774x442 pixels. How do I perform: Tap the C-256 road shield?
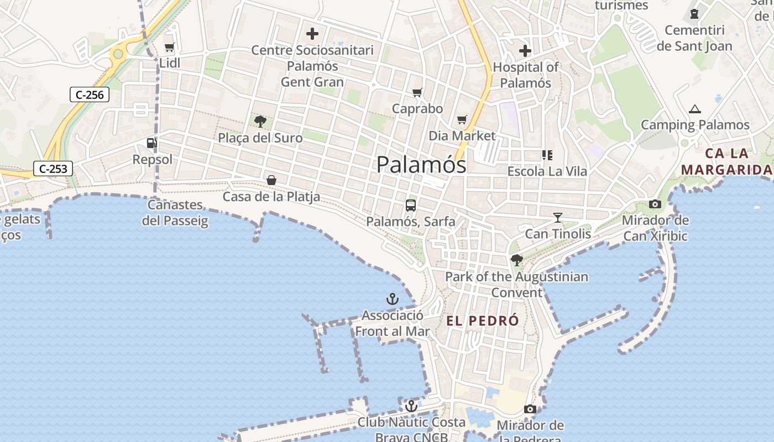[90, 94]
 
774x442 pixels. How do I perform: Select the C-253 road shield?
[53, 169]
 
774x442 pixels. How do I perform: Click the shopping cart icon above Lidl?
[170, 48]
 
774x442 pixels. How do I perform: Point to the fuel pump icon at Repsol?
[151, 144]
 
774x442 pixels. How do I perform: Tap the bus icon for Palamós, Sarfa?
[410, 206]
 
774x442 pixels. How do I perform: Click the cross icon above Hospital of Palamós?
[525, 51]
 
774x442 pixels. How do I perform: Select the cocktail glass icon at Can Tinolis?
[557, 218]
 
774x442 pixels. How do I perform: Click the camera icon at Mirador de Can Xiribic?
[655, 204]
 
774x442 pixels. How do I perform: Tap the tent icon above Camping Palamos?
[695, 109]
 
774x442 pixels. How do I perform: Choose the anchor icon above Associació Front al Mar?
[392, 299]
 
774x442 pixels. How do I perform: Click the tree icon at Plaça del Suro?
[260, 122]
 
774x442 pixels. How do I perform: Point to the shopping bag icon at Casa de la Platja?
[271, 180]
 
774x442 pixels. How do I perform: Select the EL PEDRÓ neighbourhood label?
[483, 320]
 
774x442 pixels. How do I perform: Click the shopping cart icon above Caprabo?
[417, 93]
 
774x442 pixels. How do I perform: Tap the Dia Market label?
[462, 135]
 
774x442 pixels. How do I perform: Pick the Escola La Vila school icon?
[547, 155]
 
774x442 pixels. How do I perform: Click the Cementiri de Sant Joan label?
[694, 38]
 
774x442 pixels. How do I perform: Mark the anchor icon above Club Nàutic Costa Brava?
[411, 407]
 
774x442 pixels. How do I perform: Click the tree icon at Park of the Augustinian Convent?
[516, 260]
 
